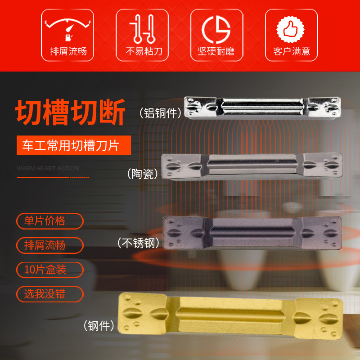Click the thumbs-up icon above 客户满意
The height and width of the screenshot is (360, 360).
tap(291, 28)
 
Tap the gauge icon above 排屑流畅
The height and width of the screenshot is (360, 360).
tap(68, 28)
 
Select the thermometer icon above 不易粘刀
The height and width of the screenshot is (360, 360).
tap(142, 28)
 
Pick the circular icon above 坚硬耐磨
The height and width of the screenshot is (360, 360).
tap(216, 28)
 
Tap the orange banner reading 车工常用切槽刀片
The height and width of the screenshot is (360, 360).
tap(74, 145)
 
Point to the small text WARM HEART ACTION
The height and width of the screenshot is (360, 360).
tap(48, 168)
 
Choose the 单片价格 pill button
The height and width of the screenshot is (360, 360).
tap(50, 221)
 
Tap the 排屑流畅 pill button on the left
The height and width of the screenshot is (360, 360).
tap(50, 245)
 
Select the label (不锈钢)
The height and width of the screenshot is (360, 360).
tap(138, 243)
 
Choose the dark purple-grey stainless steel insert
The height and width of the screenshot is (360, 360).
tap(252, 232)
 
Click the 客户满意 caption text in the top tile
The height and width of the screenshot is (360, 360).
tap(291, 51)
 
